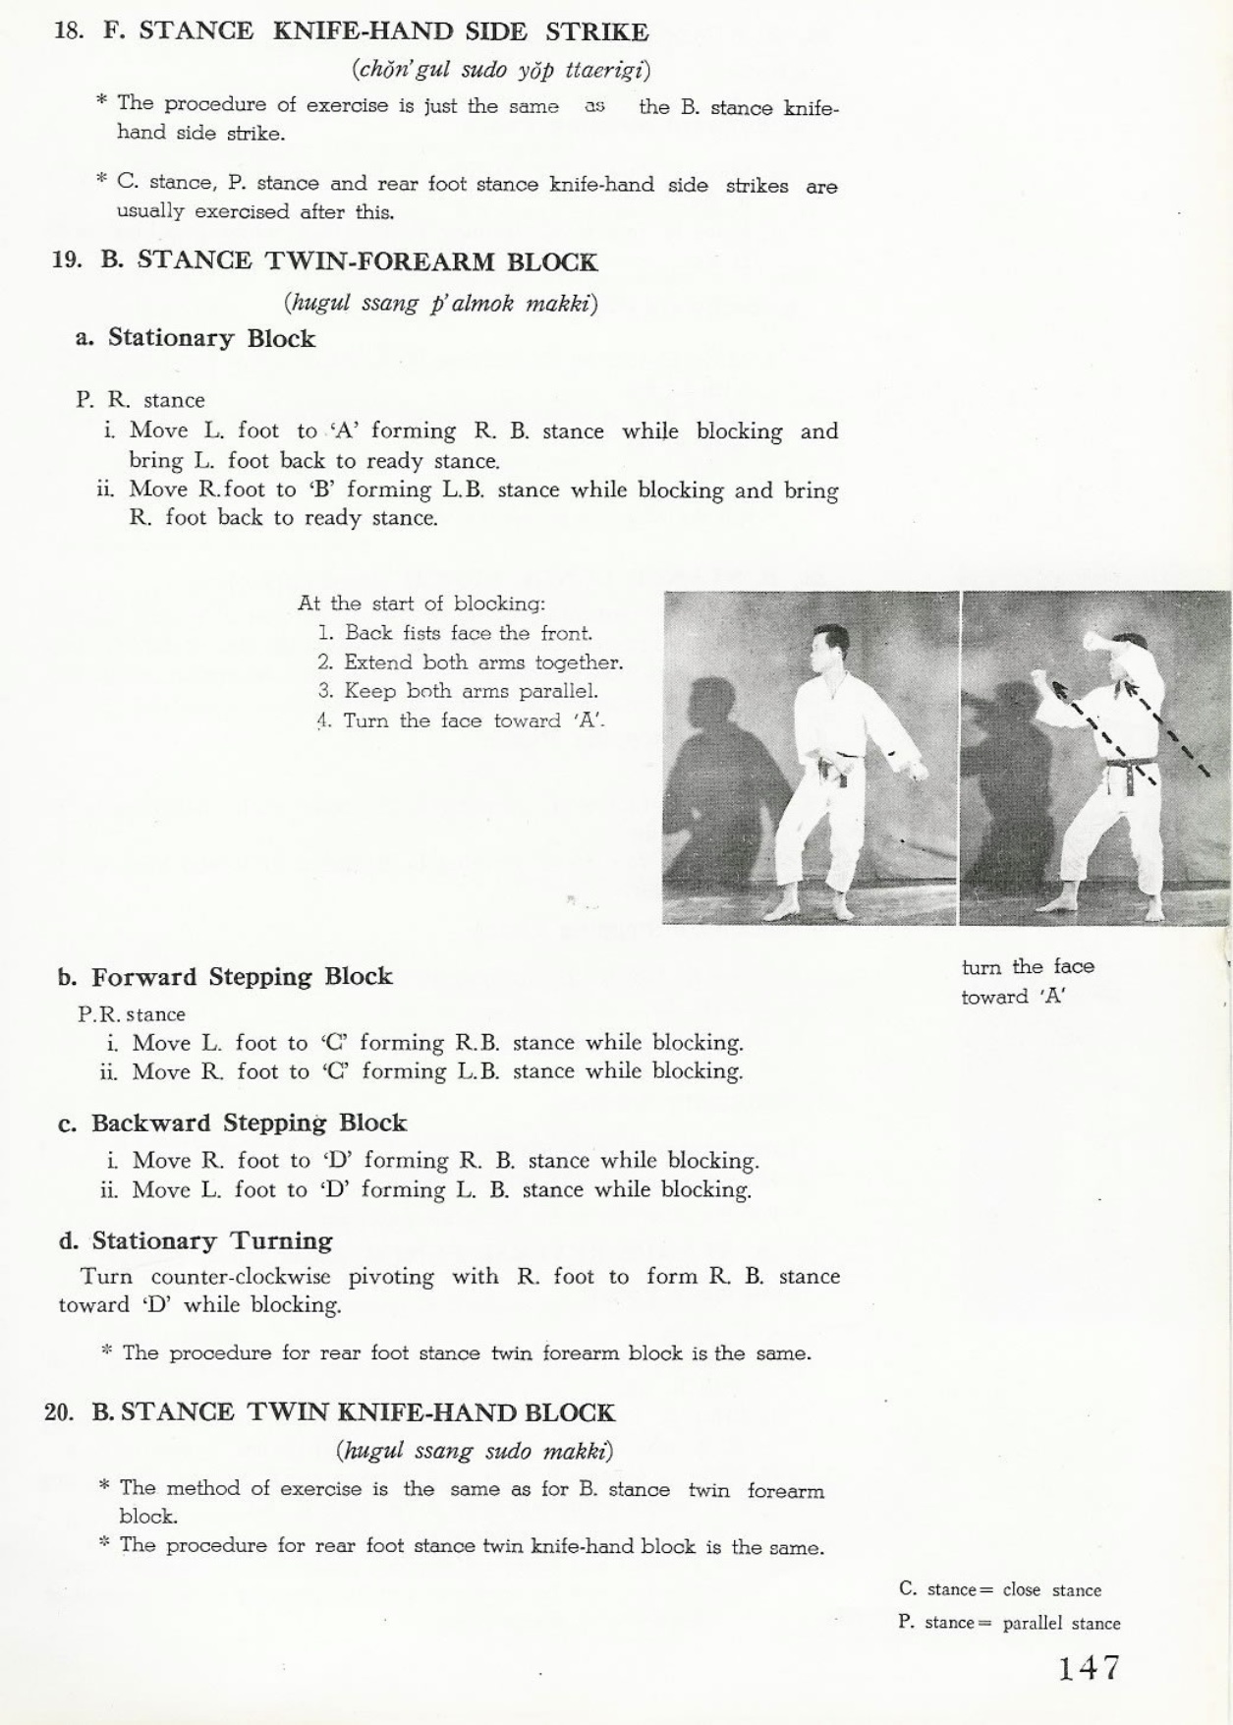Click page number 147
pyautogui.click(x=1089, y=1668)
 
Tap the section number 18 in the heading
pyautogui.click(x=68, y=30)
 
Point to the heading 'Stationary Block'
pyautogui.click(x=211, y=338)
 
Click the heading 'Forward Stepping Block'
pyautogui.click(x=242, y=976)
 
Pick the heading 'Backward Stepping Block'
pyautogui.click(x=249, y=1122)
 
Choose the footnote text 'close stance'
pyautogui.click(x=1051, y=1589)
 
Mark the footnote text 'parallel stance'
pyautogui.click(x=1061, y=1623)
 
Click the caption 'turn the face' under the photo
pyautogui.click(x=1027, y=966)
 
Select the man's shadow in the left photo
pyautogui.click(x=717, y=776)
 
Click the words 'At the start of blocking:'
pyautogui.click(x=421, y=604)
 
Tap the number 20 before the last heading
pyautogui.click(x=58, y=1412)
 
